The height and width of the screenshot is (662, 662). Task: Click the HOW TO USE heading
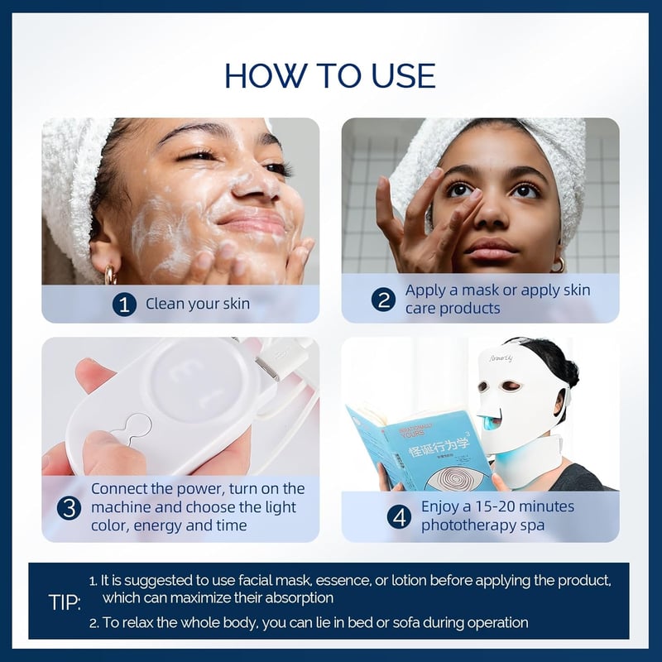click(x=329, y=76)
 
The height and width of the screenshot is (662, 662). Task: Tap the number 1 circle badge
click(x=124, y=304)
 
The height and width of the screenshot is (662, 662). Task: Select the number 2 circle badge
click(x=383, y=300)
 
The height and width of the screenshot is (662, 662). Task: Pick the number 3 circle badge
click(x=69, y=507)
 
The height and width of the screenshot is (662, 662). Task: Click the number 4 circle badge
click(x=399, y=516)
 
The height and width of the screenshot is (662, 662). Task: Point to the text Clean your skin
click(x=198, y=304)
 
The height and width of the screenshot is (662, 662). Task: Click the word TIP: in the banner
click(x=65, y=602)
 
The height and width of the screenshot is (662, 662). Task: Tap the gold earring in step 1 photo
click(x=110, y=275)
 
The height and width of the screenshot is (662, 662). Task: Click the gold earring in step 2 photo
click(x=558, y=265)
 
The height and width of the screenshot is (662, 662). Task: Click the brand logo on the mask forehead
click(x=501, y=358)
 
